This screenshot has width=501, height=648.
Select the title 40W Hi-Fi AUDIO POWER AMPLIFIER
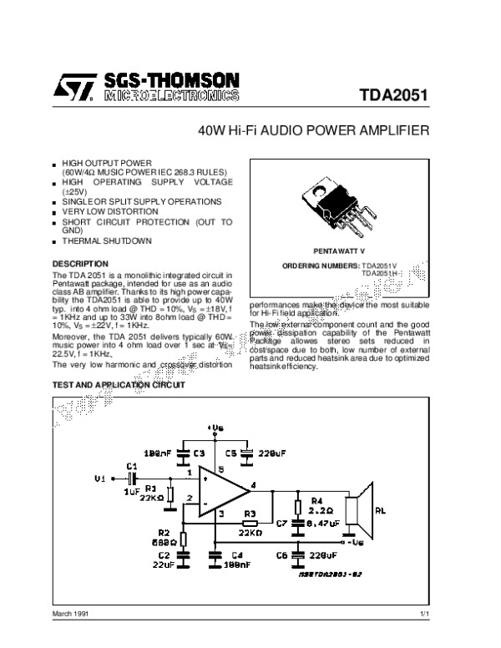coord(314,131)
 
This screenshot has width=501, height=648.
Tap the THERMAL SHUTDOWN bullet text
coord(107,241)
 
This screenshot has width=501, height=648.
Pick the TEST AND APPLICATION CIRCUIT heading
coord(114,386)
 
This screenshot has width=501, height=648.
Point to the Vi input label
coord(101,479)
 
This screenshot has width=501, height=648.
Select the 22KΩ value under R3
coord(250,530)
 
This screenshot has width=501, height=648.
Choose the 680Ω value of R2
coord(163,542)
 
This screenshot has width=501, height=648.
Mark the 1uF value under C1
coord(131,491)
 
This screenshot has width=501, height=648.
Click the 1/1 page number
coord(423,614)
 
